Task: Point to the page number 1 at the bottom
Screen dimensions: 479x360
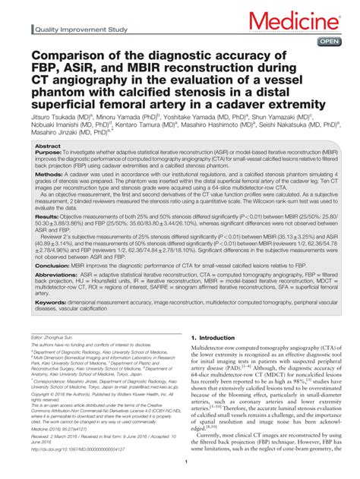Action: point(185,471)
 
